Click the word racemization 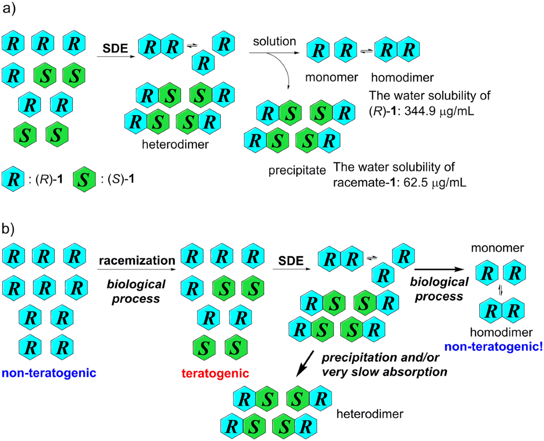point(136,260)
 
